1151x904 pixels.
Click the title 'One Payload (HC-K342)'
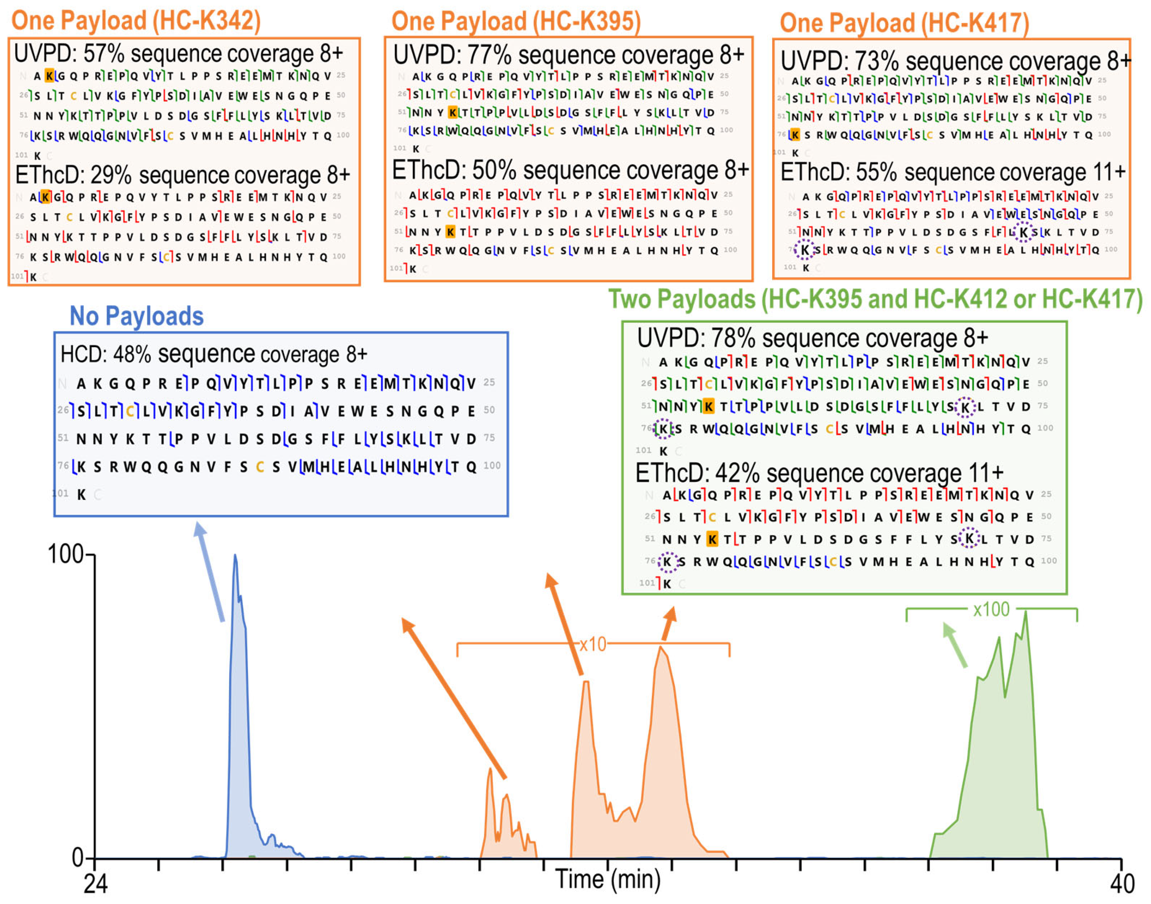(136, 21)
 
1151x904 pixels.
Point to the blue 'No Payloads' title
(137, 316)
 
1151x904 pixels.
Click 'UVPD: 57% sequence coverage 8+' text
(178, 54)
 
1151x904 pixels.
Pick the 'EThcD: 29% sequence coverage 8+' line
(183, 175)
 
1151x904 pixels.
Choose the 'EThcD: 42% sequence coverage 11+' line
(819, 473)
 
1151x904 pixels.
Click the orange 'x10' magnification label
(593, 644)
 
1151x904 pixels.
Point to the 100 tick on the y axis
(66, 554)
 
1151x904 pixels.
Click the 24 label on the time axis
(96, 884)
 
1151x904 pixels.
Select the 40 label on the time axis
(1122, 884)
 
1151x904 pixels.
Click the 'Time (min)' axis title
(608, 879)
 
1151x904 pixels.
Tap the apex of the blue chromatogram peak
(235, 556)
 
